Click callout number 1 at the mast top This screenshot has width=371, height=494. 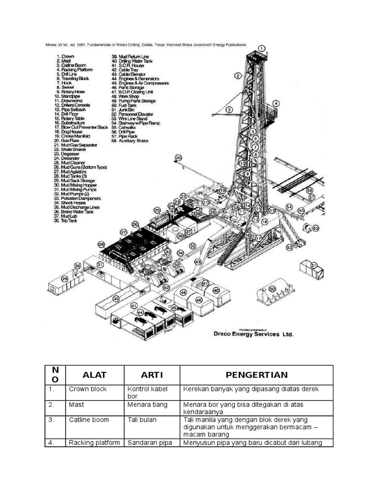261,48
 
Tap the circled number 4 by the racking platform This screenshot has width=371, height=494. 276,103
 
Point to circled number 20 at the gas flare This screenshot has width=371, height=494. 178,158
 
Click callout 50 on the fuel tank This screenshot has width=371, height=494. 272,288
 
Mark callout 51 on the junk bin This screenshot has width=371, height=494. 314,265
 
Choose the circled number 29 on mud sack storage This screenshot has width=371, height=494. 65,278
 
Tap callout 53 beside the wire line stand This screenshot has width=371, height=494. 316,228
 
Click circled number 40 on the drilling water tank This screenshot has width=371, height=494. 116,299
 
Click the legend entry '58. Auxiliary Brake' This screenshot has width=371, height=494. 130,141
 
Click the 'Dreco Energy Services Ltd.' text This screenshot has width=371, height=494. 253,334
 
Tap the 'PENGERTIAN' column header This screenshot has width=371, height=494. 257,375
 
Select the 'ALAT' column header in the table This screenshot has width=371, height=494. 95,375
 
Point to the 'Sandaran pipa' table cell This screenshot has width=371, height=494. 149,443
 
